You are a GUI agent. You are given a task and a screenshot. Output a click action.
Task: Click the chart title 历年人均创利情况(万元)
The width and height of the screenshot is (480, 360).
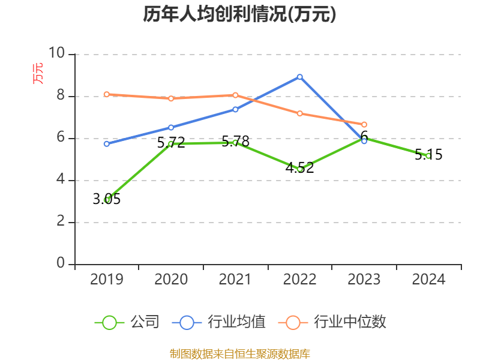pyautogui.click(x=239, y=14)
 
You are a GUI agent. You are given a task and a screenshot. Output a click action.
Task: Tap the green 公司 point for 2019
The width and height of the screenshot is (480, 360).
pyautogui.click(x=107, y=200)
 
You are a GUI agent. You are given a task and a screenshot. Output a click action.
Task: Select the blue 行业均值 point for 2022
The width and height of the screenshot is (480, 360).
pyautogui.click(x=299, y=77)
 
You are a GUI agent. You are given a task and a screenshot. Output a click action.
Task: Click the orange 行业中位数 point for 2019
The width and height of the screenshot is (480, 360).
pyautogui.click(x=107, y=94)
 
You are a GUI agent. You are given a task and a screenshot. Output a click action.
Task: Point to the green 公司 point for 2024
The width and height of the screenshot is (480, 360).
pyautogui.click(x=428, y=156)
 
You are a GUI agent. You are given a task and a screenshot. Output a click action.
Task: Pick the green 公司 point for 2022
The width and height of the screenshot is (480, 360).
pyautogui.click(x=299, y=169)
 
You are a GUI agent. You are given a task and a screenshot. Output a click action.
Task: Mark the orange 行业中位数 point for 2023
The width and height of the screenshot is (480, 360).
pyautogui.click(x=364, y=124)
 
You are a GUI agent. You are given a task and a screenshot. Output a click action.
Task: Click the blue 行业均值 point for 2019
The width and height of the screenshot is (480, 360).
pyautogui.click(x=107, y=144)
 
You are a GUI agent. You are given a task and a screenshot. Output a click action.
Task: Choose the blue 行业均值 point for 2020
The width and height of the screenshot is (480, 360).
pyautogui.click(x=171, y=127)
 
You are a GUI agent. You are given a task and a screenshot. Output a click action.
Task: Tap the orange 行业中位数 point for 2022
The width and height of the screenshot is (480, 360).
pyautogui.click(x=299, y=113)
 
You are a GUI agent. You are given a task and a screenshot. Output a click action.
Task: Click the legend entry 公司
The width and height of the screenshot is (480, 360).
pyautogui.click(x=127, y=322)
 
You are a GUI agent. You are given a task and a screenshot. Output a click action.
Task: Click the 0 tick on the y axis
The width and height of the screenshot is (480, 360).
pyautogui.click(x=61, y=264)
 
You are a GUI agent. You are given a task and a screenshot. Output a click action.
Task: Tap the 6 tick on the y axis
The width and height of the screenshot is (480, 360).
pyautogui.click(x=61, y=138)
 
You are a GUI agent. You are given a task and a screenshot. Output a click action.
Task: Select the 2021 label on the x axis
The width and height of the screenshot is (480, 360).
pyautogui.click(x=235, y=280)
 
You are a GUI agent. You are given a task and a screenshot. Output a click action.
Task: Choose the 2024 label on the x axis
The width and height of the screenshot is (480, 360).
pyautogui.click(x=428, y=280)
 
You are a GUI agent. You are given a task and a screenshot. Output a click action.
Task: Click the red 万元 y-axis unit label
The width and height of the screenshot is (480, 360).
pyautogui.click(x=38, y=73)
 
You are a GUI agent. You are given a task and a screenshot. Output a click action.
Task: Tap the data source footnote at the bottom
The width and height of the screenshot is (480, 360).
pyautogui.click(x=239, y=353)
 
